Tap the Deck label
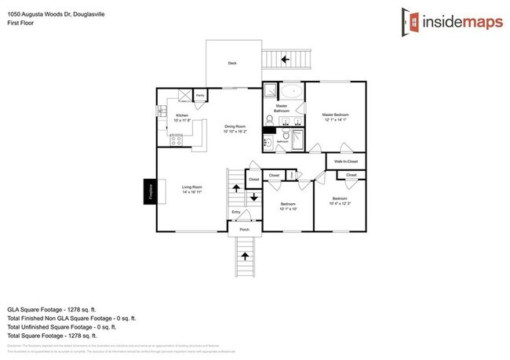coord(232,64)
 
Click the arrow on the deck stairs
coord(285,58)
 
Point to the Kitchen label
coord(181,116)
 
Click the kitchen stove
coord(177,141)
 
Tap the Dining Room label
coord(235,128)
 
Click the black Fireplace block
coord(148,192)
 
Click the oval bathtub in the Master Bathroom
coord(291,90)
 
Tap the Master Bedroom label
coord(335,117)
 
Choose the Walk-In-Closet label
coord(345,162)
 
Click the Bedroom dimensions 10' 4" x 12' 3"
coord(339,202)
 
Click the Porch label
coord(244,230)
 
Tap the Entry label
coord(235,212)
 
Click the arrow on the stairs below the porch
coord(245,256)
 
